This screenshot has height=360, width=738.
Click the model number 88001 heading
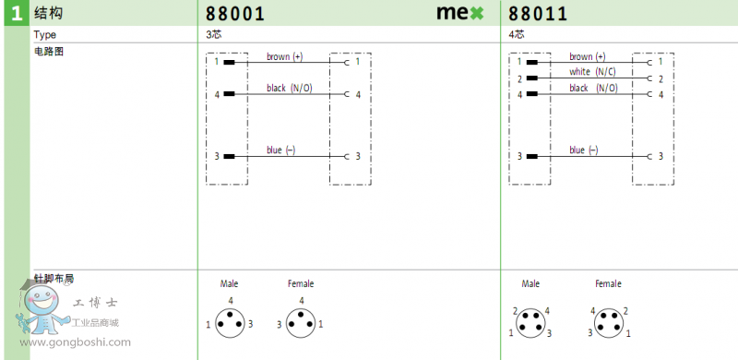coord(235,14)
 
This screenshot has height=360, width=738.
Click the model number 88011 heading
coord(538,14)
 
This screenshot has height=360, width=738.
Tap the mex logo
coord(459,13)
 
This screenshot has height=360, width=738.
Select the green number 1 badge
coord(17,14)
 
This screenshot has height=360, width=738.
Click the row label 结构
coord(48,13)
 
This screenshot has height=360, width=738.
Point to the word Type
coord(44,35)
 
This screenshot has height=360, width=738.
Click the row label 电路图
coord(49,52)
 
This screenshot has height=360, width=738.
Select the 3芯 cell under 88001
coord(214,34)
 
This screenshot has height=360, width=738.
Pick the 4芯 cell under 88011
coord(517,34)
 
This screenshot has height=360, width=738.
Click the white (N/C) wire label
coord(592,72)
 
